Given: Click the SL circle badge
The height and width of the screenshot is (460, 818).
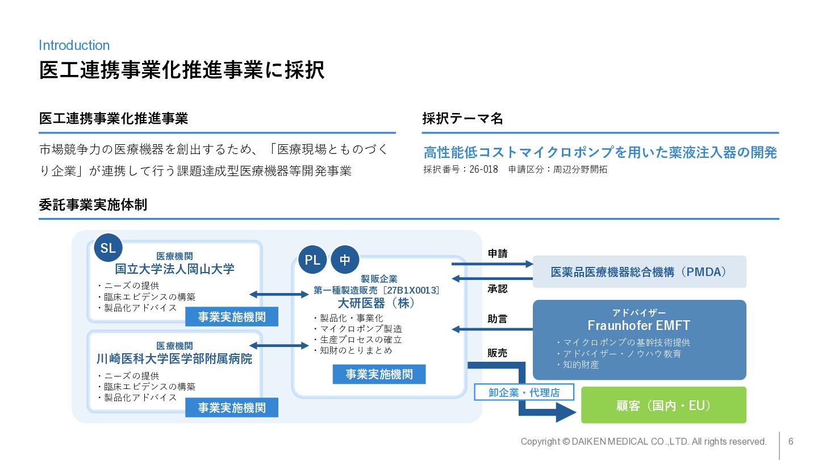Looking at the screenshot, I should (108, 248).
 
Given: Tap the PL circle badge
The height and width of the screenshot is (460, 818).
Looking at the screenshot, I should (312, 260).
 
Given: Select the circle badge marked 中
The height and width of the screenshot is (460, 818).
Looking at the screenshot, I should (345, 260).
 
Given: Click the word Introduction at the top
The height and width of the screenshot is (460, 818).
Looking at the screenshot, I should (74, 45).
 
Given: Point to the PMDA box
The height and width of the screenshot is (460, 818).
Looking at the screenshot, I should (639, 272).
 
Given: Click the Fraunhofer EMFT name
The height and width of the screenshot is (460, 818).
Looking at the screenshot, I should (639, 325).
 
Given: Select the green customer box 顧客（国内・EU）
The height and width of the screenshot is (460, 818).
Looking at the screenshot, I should (663, 405).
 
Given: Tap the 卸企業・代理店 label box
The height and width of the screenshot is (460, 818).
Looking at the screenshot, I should (524, 392).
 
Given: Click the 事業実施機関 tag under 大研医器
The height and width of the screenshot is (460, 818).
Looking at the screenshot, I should (379, 374).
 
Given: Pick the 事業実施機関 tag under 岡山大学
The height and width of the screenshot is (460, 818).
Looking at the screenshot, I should (232, 317).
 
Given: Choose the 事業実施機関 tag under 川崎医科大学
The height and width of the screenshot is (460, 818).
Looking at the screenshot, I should (232, 408).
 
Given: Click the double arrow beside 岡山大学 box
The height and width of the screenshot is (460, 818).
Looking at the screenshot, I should (278, 294).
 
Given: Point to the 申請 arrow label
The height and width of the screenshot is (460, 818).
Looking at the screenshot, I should (498, 254).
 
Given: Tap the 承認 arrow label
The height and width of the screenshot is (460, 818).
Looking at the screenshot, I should (498, 288).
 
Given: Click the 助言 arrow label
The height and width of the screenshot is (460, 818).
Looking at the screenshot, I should (498, 319).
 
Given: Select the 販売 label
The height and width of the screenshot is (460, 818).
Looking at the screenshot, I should (498, 353).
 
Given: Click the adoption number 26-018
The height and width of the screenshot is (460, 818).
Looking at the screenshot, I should (483, 169).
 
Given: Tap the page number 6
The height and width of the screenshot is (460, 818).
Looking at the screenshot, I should (791, 441).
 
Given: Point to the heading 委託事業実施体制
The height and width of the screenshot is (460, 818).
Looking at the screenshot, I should (93, 205).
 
